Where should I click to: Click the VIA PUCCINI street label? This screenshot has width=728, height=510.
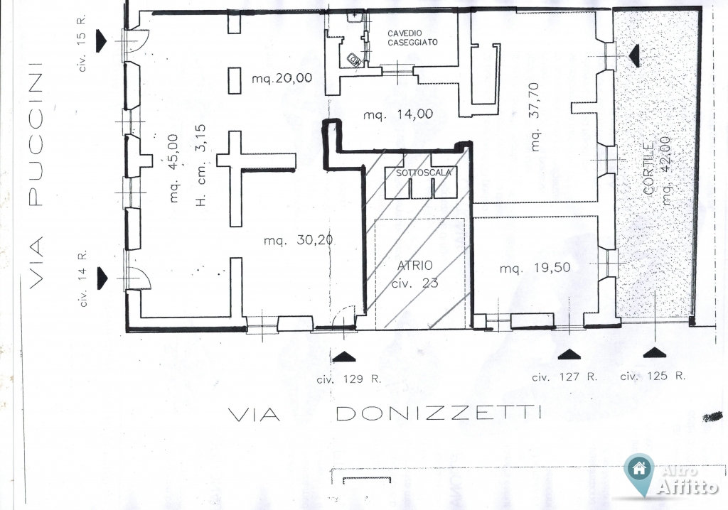tap(36, 176)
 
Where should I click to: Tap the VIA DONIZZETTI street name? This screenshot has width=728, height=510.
tap(385, 413)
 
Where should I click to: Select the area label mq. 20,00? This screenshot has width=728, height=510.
tap(282, 78)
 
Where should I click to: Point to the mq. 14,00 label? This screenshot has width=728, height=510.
tap(398, 114)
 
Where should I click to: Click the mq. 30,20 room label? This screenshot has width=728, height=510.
tap(298, 240)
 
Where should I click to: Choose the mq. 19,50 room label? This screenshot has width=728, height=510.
tap(535, 268)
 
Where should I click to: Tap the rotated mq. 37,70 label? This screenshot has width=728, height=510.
tap(535, 117)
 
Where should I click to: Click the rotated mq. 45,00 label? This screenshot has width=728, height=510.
tap(173, 168)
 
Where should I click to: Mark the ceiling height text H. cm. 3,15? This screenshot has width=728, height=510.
tap(200, 166)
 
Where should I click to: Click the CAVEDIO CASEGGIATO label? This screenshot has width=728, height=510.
tap(412, 38)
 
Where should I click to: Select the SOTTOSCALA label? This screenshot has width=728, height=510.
tap(424, 173)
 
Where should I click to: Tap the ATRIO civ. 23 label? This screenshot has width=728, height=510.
tap(414, 274)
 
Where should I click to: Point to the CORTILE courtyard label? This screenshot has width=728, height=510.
tap(649, 168)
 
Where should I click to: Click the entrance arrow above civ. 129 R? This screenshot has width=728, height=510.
tap(344, 357)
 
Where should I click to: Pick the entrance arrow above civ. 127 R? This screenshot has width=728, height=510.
tap(569, 354)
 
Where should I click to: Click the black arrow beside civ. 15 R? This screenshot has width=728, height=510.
tap(101, 40)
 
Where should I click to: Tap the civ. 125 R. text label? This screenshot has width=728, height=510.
tap(653, 376)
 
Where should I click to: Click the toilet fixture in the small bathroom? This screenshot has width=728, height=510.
tap(355, 60)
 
